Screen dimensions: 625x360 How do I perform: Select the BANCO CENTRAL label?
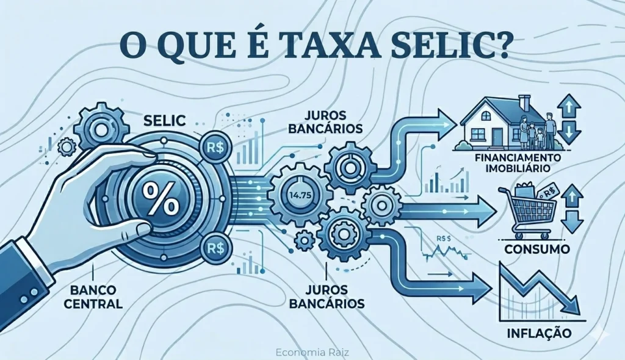(x=93, y=296)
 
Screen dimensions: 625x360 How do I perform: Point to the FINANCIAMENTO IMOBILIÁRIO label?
(x=518, y=163)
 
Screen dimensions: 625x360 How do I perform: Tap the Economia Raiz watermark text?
(x=312, y=353)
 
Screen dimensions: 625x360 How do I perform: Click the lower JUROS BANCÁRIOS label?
(x=327, y=296)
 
